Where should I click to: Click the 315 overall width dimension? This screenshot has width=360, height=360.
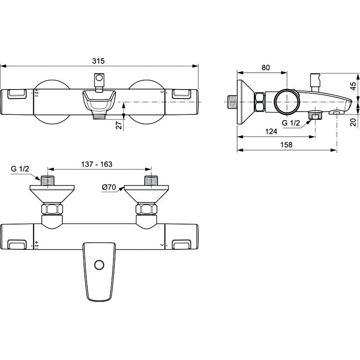[98, 61]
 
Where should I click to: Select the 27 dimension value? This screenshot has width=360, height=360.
[119, 125]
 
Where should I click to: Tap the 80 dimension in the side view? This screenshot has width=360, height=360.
[266, 67]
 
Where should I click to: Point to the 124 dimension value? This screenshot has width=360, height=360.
[271, 131]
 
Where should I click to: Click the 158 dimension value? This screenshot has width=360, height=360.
[286, 145]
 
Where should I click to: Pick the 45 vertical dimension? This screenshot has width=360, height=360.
[353, 86]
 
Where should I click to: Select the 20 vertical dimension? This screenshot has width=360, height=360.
[353, 122]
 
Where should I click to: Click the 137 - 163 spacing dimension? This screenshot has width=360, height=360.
[97, 164]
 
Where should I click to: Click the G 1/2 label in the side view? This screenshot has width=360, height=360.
[291, 123]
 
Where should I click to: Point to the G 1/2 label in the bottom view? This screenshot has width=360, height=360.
[20, 169]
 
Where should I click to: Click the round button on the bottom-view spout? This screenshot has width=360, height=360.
[99, 265]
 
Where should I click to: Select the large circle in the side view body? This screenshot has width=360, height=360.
[287, 101]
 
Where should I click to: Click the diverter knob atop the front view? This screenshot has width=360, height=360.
[99, 83]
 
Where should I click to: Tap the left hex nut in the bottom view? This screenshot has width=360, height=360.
[52, 209]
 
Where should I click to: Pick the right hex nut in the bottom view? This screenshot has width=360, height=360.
[146, 209]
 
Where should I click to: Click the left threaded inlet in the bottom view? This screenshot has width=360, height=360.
[48, 180]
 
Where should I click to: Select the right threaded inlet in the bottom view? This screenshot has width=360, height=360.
[151, 180]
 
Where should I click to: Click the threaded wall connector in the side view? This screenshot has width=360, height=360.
[232, 102]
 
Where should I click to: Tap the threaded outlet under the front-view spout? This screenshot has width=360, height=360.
[99, 117]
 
